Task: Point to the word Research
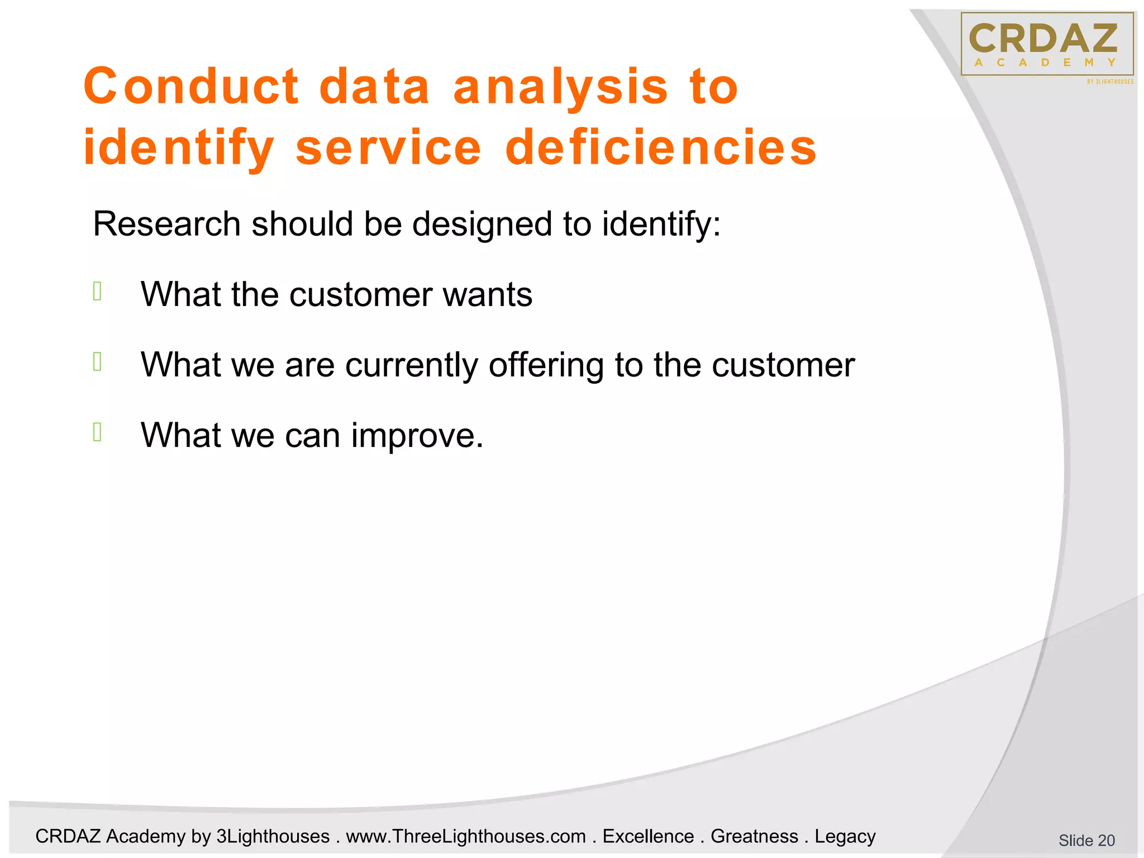pyautogui.click(x=166, y=224)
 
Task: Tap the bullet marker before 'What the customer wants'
pyautogui.click(x=97, y=292)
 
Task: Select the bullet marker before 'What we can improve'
pyautogui.click(x=97, y=432)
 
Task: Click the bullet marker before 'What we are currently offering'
pyautogui.click(x=97, y=362)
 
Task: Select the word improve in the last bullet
pyautogui.click(x=416, y=436)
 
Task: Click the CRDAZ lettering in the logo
pyautogui.click(x=1043, y=39)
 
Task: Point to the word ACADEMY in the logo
pyautogui.click(x=1045, y=63)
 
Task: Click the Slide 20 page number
pyautogui.click(x=1086, y=840)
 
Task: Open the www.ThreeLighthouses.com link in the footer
pyautogui.click(x=465, y=836)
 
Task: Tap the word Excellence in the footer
pyautogui.click(x=648, y=836)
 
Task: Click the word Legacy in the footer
pyautogui.click(x=845, y=836)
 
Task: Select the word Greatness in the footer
pyautogui.click(x=754, y=836)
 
